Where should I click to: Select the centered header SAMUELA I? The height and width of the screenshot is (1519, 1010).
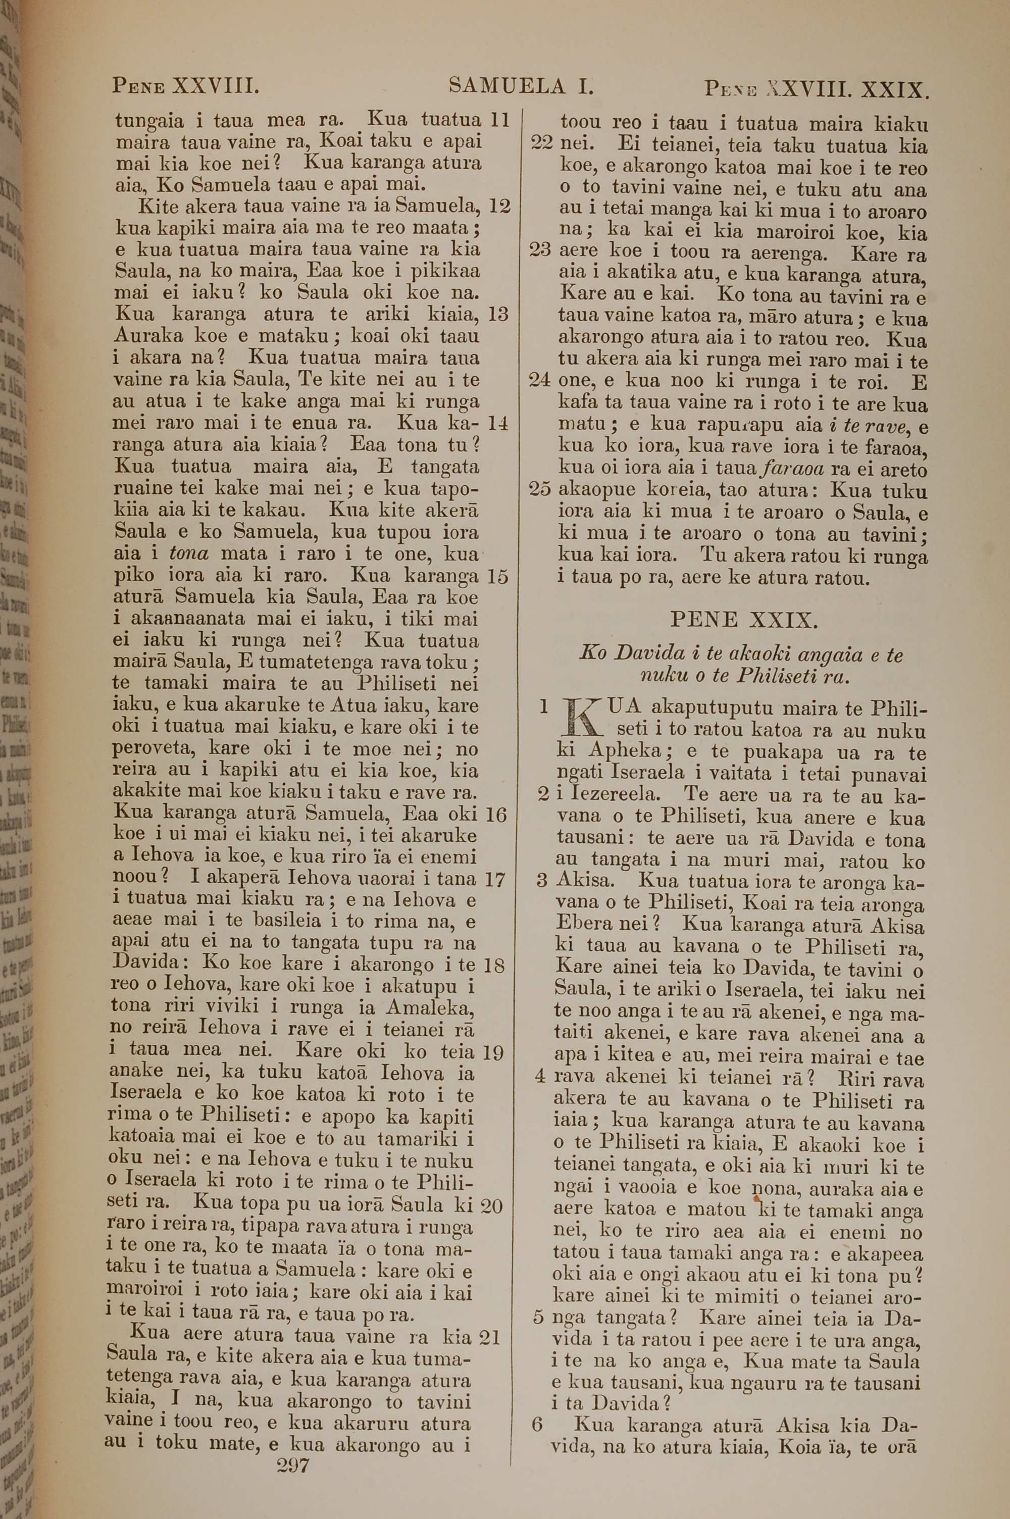coord(521,86)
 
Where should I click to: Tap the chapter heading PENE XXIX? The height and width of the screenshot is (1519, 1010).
coord(744,620)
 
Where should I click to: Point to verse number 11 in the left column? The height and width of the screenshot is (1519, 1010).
coord(500,120)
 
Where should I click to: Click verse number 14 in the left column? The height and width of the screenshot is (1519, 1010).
coord(498,423)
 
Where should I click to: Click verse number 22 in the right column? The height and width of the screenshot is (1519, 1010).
coord(542,143)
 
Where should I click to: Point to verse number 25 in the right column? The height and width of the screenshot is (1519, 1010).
coord(541,489)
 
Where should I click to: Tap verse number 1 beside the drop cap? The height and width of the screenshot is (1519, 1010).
coord(542,707)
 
